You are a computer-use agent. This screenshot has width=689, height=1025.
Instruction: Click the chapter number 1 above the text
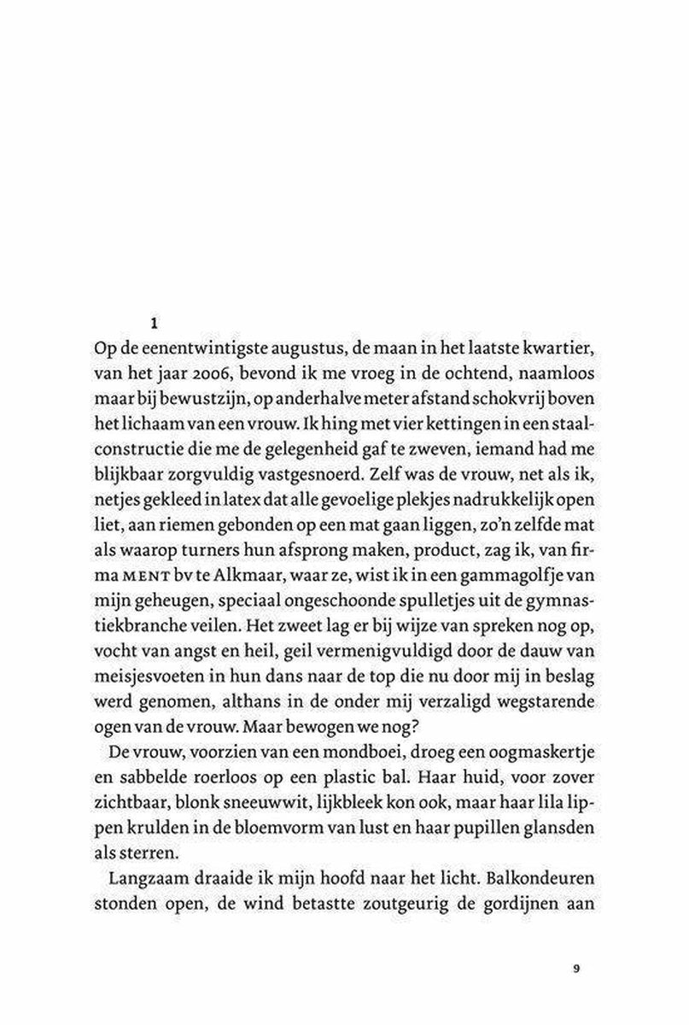[155, 323]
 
